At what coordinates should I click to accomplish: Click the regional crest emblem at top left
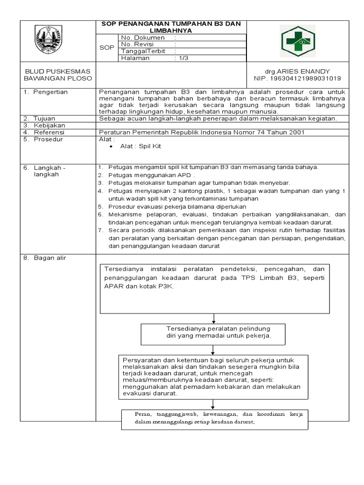click(50, 41)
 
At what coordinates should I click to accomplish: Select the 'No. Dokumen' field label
click(143, 37)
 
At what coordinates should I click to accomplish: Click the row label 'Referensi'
click(49, 132)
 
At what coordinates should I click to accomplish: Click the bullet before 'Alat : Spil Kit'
click(111, 147)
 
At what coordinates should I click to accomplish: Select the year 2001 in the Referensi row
click(294, 132)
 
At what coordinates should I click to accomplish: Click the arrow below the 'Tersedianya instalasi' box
click(214, 318)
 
